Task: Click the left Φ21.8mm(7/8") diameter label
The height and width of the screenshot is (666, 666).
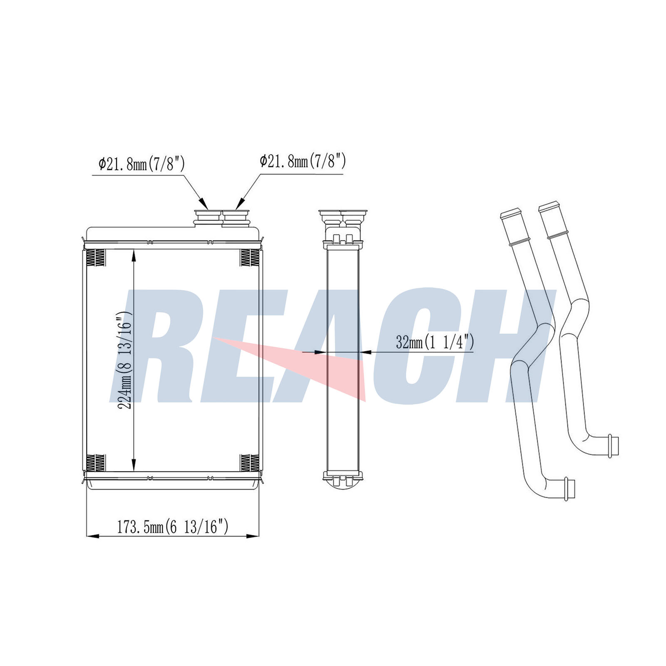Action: [x=142, y=164]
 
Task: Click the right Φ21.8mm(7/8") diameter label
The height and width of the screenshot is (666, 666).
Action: [x=303, y=161]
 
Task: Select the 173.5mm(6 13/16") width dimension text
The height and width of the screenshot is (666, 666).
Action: [x=172, y=527]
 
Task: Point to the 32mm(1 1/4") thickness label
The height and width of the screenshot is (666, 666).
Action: [x=435, y=342]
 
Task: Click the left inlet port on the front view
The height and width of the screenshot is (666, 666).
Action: [x=208, y=218]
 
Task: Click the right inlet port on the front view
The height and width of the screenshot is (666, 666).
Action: [x=236, y=218]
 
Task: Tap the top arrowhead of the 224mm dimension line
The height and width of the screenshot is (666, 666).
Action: [x=134, y=255]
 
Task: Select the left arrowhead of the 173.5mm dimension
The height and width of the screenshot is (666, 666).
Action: [x=92, y=536]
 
